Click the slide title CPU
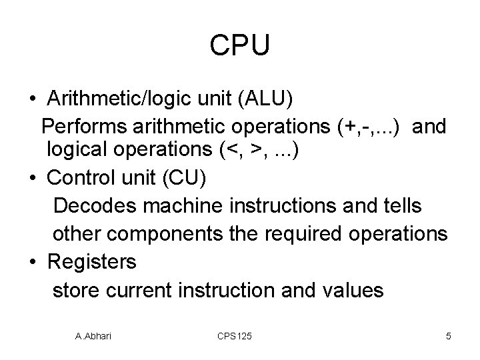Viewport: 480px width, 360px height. coord(239,45)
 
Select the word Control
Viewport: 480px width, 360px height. coord(84,179)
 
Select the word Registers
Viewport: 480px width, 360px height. coord(92,261)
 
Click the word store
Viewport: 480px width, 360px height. coord(75,289)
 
